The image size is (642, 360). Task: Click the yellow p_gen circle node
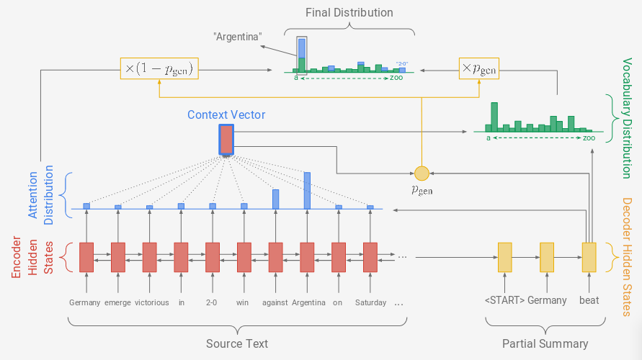[422, 173]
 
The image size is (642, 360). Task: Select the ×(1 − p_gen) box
[159, 70]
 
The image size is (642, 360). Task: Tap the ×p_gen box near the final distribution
[478, 70]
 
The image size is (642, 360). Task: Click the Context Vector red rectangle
[226, 140]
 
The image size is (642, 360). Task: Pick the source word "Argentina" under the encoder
[308, 302]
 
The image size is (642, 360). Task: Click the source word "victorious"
[150, 302]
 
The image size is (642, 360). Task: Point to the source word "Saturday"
[370, 302]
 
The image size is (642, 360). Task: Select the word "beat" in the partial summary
[589, 300]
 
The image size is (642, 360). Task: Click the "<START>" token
[504, 300]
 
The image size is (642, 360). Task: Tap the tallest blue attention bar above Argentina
[307, 190]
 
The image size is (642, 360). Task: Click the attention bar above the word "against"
[275, 199]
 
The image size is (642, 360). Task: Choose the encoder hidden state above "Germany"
[86, 257]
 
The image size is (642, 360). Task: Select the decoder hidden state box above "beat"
[589, 257]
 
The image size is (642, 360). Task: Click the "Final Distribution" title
[349, 13]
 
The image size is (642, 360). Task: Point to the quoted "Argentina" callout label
[237, 37]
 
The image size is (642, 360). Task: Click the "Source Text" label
[237, 343]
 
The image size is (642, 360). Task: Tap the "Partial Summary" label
[545, 343]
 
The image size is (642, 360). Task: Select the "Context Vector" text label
[226, 115]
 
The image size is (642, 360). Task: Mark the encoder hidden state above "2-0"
[213, 257]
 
